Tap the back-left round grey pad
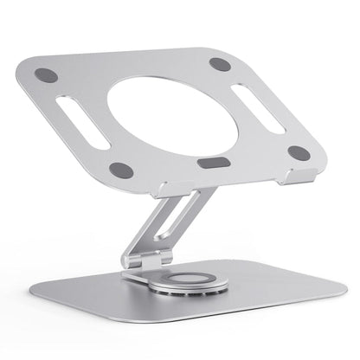(48, 75)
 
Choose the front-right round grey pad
(299, 152)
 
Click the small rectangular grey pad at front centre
(209, 163)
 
